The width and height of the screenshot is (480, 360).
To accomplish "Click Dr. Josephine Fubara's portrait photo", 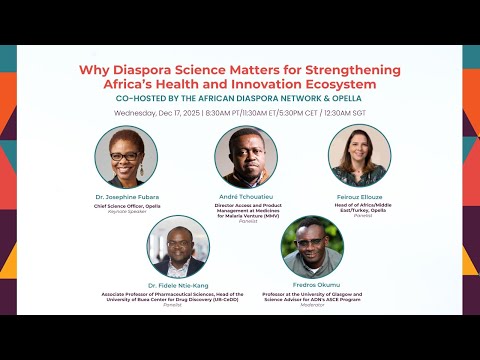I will point(126,157).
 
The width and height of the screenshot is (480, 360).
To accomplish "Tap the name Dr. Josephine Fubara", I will point(126,197).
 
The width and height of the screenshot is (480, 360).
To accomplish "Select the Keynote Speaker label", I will point(126,212).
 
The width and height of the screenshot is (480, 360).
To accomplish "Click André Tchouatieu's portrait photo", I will point(244,157).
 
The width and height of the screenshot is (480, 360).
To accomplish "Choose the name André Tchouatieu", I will point(244,197).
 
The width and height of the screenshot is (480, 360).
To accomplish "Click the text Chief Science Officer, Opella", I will point(126,206).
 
